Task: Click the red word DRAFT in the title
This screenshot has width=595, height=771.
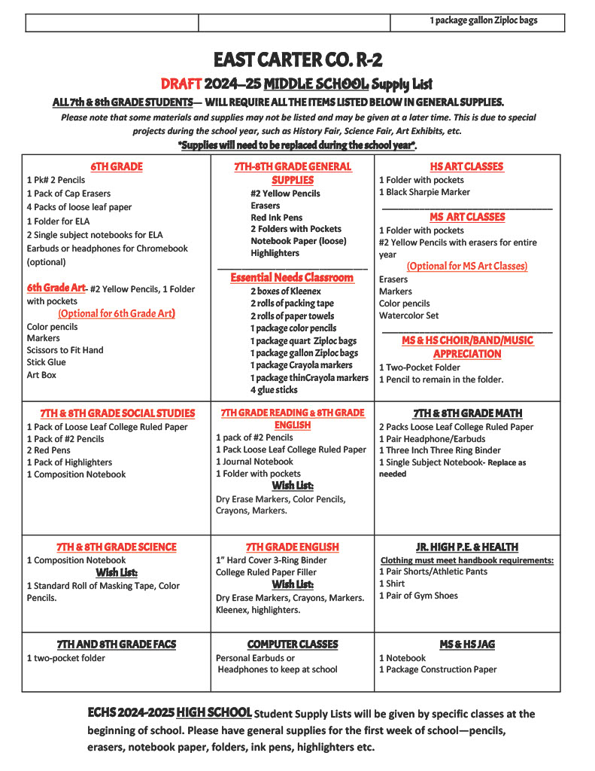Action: (x=181, y=84)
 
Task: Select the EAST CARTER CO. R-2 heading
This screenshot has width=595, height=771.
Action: (x=297, y=59)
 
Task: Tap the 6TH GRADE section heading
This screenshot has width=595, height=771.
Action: (x=117, y=166)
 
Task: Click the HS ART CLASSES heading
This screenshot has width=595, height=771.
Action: (x=467, y=166)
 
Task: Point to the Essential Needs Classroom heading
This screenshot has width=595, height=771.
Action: (x=292, y=278)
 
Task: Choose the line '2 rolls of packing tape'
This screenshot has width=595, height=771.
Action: (x=292, y=303)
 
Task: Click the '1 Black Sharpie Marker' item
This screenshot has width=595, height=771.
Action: (x=424, y=192)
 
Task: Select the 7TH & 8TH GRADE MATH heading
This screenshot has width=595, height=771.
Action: (x=467, y=413)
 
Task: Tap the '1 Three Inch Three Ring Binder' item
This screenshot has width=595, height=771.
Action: (x=439, y=450)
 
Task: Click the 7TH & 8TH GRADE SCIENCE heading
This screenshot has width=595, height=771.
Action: (x=117, y=547)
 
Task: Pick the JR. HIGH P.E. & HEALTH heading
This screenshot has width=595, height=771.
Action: (x=467, y=547)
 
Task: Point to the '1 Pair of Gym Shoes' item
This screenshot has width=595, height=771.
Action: (x=418, y=596)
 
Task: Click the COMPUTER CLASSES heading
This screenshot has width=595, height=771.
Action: (x=293, y=645)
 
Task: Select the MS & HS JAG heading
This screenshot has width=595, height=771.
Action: (x=467, y=645)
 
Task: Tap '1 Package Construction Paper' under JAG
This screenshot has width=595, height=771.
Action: (x=438, y=669)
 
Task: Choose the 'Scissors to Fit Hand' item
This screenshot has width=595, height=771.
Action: (x=65, y=350)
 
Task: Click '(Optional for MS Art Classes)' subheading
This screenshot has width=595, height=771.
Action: (x=467, y=267)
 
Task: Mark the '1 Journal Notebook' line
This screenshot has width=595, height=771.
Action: (x=254, y=462)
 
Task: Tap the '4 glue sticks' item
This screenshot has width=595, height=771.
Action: (x=274, y=390)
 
